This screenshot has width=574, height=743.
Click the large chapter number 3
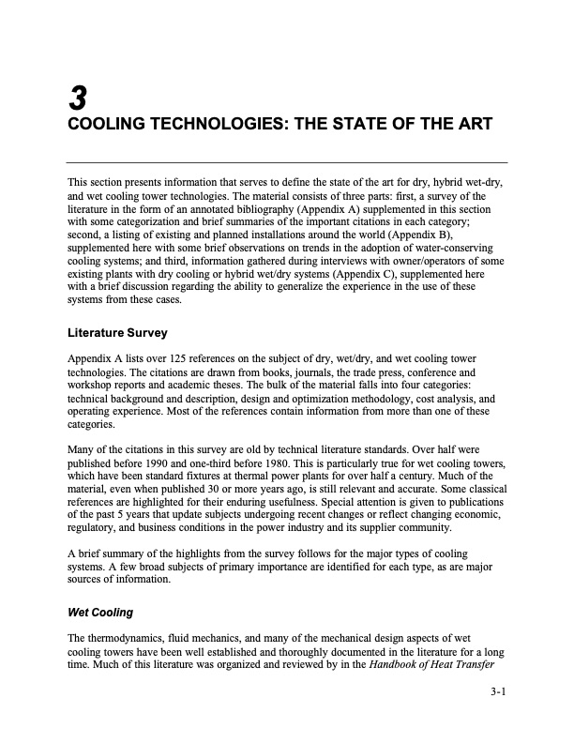77,98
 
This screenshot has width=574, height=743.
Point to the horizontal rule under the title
287,162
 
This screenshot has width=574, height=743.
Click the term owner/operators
417,260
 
